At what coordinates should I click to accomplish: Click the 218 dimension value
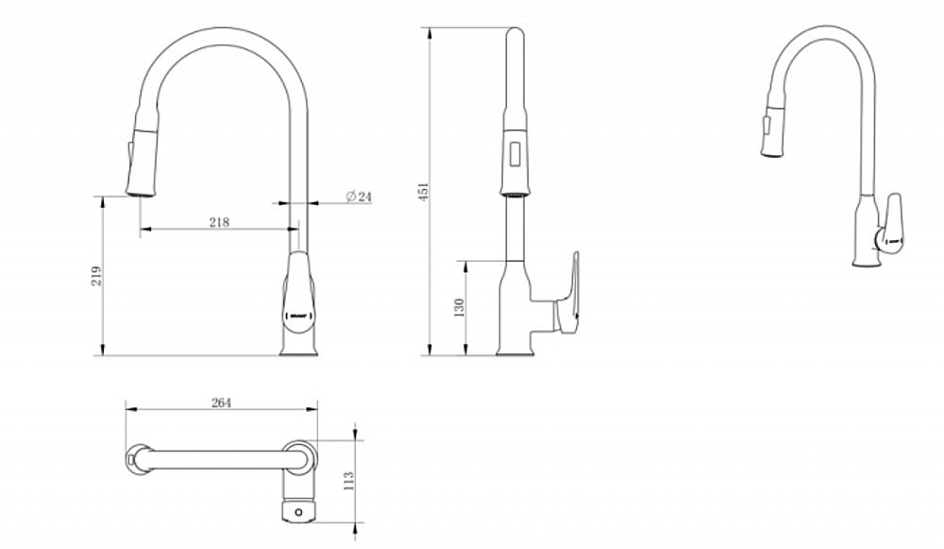(219, 222)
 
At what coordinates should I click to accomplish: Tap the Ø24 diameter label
(360, 196)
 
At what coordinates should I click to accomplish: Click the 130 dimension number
(459, 308)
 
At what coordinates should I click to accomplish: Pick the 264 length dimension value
(220, 402)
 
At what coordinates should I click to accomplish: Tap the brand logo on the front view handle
(298, 306)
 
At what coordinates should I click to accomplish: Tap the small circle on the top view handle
(299, 514)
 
